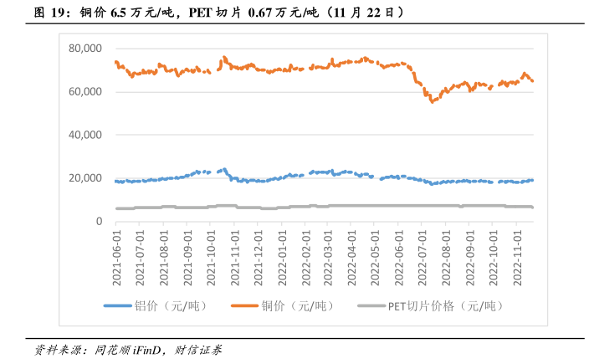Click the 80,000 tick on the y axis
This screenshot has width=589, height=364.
pyautogui.click(x=85, y=49)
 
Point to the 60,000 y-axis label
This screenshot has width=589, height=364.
pyautogui.click(x=85, y=91)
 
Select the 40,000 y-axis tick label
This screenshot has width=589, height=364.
pyautogui.click(x=85, y=135)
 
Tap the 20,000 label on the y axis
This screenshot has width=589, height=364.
pyautogui.click(x=85, y=178)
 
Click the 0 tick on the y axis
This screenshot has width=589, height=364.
pyautogui.click(x=97, y=221)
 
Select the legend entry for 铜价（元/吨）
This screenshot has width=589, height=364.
pyautogui.click(x=308, y=305)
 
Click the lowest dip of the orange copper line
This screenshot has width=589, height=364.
pyautogui.click(x=433, y=101)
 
